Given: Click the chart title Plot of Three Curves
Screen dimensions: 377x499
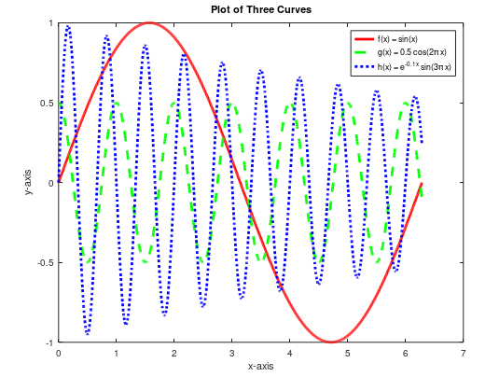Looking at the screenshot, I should (x=260, y=10).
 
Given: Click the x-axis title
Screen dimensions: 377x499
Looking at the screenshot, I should (x=260, y=366).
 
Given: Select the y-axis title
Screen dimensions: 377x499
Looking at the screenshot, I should (x=29, y=183).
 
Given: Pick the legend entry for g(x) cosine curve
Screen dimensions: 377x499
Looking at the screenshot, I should (x=411, y=54).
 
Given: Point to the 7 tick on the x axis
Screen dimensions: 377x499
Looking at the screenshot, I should (x=464, y=354).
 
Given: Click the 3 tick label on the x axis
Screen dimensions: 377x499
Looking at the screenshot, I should (x=232, y=354).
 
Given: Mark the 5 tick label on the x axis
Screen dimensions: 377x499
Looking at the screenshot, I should (x=348, y=354).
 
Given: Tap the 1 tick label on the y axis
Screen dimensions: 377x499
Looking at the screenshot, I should (x=50, y=22).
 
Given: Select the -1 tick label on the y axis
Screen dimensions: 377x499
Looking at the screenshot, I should (x=49, y=343).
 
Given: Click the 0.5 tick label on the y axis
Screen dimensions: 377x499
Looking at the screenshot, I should (x=46, y=103).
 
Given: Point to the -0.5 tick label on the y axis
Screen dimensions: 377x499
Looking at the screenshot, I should (x=44, y=263).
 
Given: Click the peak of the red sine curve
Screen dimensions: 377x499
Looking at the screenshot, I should (x=149, y=22).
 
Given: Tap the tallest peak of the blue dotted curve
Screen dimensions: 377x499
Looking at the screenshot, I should (x=68, y=27).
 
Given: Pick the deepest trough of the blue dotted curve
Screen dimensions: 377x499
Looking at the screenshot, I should (x=88, y=333).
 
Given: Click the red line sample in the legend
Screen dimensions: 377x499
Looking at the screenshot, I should (x=362, y=39).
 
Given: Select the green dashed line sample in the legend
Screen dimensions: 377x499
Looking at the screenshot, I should (x=362, y=54).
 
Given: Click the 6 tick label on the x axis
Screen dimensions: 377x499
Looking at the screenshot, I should (x=406, y=354).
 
